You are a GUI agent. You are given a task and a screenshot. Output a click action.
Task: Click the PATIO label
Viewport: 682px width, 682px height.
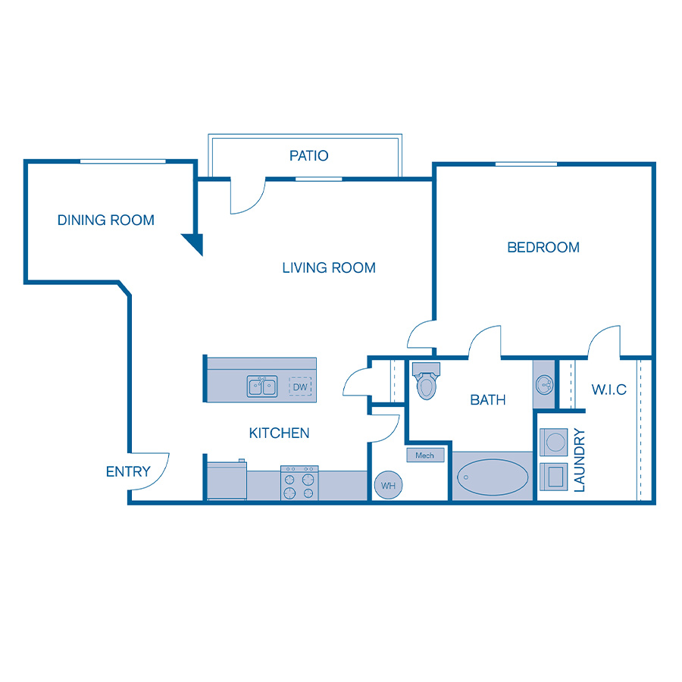(x=309, y=156)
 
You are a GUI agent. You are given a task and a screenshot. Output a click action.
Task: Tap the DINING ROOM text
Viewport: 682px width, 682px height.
(x=106, y=221)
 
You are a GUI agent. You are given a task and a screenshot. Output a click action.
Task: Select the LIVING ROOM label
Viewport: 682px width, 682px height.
(x=329, y=267)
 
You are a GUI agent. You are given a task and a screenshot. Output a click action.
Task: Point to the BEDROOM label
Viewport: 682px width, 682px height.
(x=543, y=247)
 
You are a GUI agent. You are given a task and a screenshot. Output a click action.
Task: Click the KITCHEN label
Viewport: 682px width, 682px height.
(x=280, y=433)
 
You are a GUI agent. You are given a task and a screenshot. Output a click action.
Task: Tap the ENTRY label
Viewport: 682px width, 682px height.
(x=128, y=471)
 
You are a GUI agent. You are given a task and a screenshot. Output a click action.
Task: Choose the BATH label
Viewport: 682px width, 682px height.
(x=488, y=399)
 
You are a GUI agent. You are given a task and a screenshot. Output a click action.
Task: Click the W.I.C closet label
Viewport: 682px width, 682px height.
(x=609, y=389)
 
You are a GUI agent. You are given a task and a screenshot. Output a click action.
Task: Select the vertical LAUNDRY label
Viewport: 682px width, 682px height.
(x=580, y=461)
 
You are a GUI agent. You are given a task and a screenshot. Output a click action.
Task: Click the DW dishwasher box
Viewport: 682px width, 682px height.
(x=301, y=387)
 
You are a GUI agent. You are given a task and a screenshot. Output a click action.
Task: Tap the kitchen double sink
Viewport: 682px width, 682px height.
(x=262, y=386)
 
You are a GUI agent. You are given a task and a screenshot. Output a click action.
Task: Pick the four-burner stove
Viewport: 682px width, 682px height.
(x=299, y=483)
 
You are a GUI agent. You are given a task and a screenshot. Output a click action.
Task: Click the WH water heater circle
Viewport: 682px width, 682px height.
(x=388, y=485)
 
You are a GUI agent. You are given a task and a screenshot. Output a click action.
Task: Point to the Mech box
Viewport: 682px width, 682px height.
(x=424, y=455)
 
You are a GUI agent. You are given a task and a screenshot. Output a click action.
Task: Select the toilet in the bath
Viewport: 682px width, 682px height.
(x=427, y=381)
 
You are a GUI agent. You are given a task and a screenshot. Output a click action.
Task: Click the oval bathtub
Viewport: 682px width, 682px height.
(x=493, y=477)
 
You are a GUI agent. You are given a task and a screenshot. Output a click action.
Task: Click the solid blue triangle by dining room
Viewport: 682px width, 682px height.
(x=196, y=242)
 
